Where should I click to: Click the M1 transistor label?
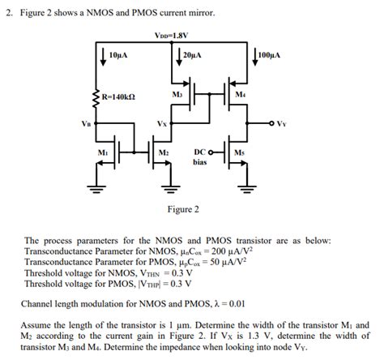pyautogui.click(x=103, y=152)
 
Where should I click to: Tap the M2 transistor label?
pyautogui.click(x=164, y=152)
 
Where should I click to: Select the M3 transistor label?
pyautogui.click(x=178, y=95)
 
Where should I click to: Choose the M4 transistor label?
pyautogui.click(x=240, y=95)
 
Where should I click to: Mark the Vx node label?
pyautogui.click(x=162, y=123)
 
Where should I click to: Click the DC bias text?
pyautogui.click(x=201, y=157)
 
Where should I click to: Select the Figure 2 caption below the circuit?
pyautogui.click(x=183, y=209)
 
